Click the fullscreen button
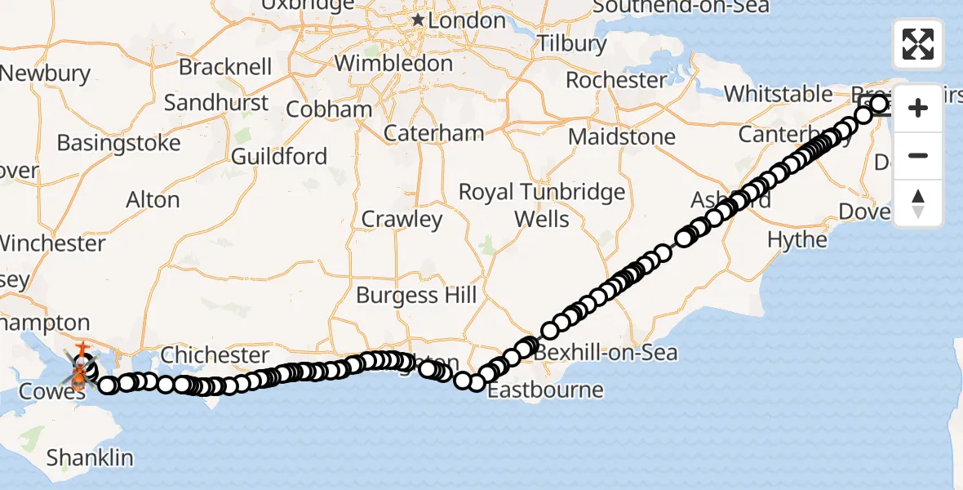(x=918, y=44)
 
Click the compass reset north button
(x=918, y=203)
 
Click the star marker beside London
(x=418, y=19)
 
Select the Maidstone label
(x=622, y=136)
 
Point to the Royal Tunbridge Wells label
(x=542, y=205)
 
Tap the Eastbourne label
(x=545, y=390)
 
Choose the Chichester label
(x=215, y=355)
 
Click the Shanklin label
(x=90, y=457)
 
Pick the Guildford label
(x=279, y=156)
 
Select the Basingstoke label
(x=118, y=144)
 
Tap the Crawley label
(x=402, y=219)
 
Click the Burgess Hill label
(x=416, y=295)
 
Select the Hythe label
(x=797, y=239)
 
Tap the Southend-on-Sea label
(x=681, y=7)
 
